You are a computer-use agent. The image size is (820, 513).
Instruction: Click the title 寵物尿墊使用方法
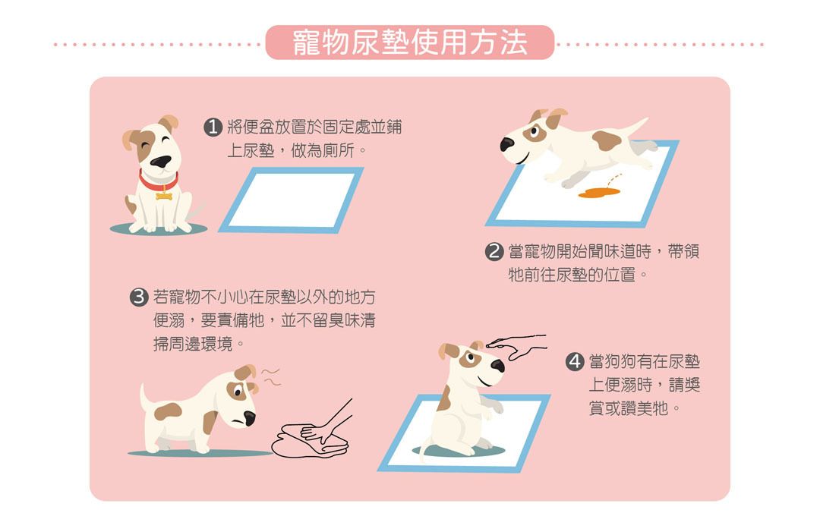click(x=409, y=42)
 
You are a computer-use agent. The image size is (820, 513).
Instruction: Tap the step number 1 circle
click(x=213, y=127)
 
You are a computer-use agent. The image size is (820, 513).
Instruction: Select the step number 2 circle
click(x=494, y=251)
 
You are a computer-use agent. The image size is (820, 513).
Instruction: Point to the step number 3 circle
click(x=139, y=297)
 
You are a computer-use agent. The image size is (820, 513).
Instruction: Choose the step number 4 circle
click(x=575, y=361)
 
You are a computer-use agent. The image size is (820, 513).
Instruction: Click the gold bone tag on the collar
click(x=164, y=196)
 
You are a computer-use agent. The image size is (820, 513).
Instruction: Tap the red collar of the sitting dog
click(x=157, y=182)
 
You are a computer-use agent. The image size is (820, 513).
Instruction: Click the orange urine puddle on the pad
click(x=599, y=193)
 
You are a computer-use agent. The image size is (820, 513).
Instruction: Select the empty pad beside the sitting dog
click(x=292, y=200)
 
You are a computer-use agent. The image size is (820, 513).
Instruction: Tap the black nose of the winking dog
click(x=160, y=162)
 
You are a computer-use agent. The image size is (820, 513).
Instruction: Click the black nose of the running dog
click(x=506, y=144)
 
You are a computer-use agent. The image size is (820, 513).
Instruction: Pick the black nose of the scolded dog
click(x=250, y=418)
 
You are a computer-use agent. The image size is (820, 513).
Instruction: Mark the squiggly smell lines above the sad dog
click(x=271, y=376)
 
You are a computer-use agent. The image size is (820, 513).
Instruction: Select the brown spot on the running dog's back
click(x=607, y=140)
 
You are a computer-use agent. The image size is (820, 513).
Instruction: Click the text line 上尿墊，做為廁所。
click(x=297, y=151)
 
